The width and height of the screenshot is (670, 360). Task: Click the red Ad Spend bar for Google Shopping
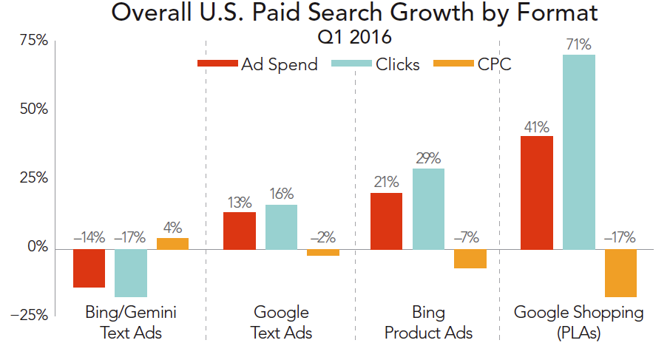point(537,192)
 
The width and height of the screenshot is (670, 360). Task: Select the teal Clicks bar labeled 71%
point(579,152)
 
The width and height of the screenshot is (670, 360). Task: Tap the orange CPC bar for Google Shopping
point(620,273)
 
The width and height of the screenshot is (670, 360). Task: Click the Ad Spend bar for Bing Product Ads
point(386,220)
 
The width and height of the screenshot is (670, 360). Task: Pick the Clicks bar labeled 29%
point(428,208)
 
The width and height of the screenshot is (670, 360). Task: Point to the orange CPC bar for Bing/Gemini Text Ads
point(172,243)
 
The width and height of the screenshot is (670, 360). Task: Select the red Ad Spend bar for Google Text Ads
point(240,231)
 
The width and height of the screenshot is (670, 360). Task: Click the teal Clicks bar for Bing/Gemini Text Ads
point(131,273)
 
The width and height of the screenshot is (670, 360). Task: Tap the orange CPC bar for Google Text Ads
point(323,253)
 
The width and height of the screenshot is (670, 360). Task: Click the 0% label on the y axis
point(35,248)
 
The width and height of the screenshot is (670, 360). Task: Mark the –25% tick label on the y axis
point(29,316)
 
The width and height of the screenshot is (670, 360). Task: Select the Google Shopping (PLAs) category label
point(579,322)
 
